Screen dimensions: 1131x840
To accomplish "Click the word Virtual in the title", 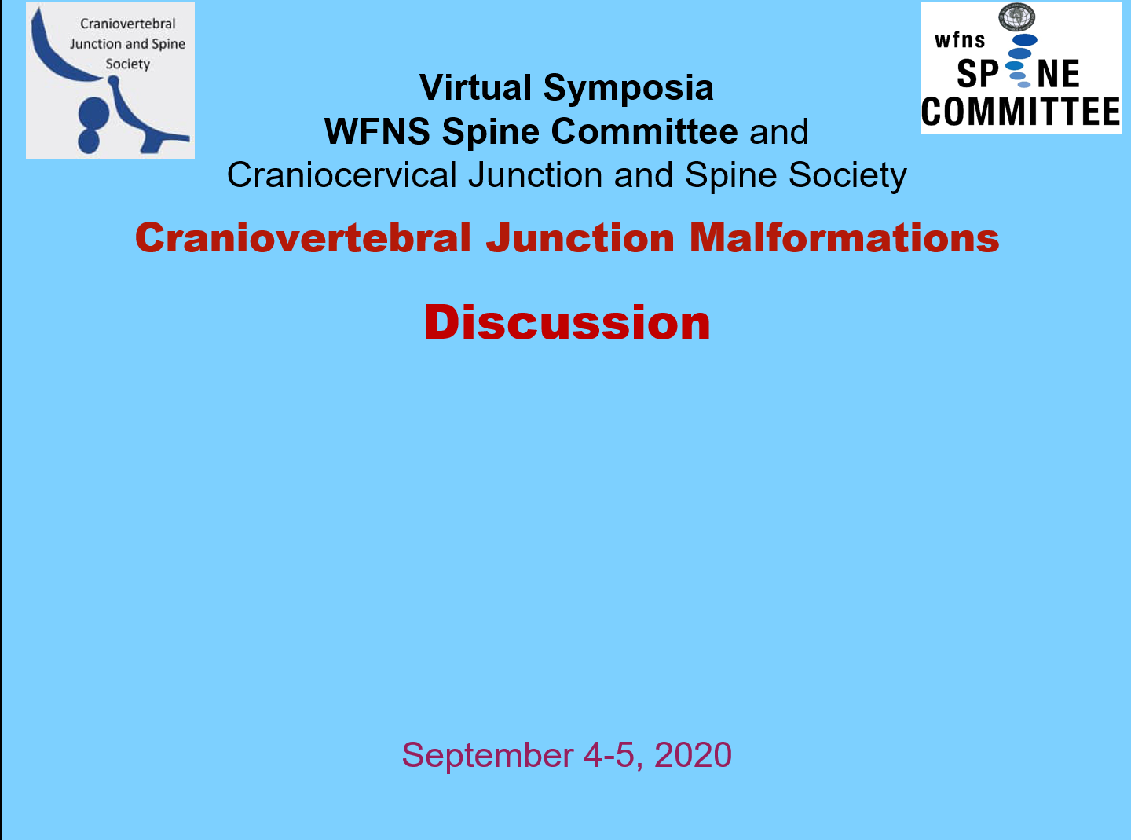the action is coord(475,87).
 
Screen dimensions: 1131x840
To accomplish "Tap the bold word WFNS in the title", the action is coord(377,131).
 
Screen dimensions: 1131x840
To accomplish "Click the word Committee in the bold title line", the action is coord(645,131).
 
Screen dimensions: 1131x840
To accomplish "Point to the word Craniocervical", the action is coord(342,175).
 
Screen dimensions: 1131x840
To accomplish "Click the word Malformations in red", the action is coord(844,238).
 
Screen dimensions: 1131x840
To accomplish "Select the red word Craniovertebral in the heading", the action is coord(303,238).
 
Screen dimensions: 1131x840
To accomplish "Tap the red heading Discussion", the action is coord(567,322).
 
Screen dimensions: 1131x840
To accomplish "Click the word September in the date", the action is coord(488,756).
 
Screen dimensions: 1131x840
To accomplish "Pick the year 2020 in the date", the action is coord(693,755).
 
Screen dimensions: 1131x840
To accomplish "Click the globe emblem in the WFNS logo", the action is coord(1016,17).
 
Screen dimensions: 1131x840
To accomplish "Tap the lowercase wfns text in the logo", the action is coord(959,40).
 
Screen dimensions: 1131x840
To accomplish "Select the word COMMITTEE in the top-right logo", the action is coord(1020,112).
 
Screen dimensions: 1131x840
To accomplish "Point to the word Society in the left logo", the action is coord(127,64).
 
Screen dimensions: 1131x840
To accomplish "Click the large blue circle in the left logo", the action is coord(93,112).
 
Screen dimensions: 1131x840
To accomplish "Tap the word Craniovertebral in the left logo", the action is coord(127,24).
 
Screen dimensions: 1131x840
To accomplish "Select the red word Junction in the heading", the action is coord(580,238).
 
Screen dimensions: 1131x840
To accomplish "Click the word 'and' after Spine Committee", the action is coord(778,131).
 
